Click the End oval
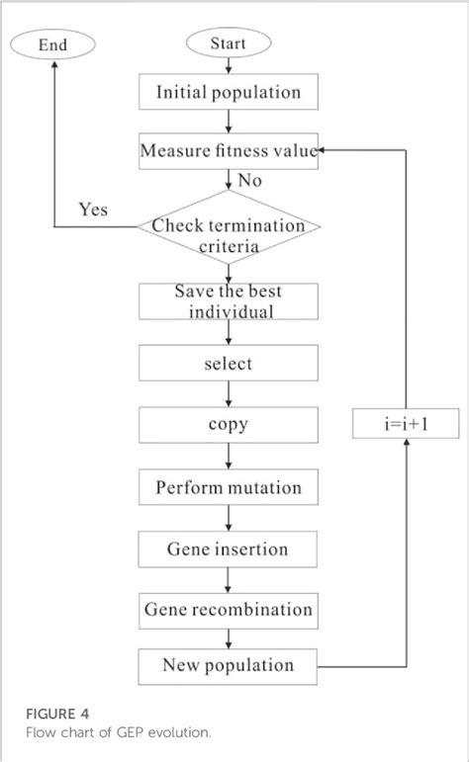point(52,43)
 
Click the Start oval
point(229,43)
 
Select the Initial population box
point(229,93)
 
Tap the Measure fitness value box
point(229,151)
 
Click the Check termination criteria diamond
point(229,234)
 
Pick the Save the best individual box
point(229,301)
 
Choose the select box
point(229,364)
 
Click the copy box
point(229,425)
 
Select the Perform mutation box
point(229,487)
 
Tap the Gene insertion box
point(229,549)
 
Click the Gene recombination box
point(229,610)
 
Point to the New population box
point(229,665)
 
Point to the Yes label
point(93,211)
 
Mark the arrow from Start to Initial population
point(229,66)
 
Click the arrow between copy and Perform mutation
point(229,457)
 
